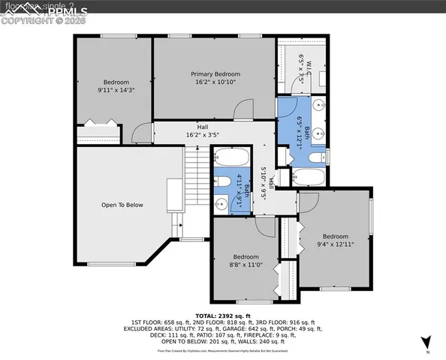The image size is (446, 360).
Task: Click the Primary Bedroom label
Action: pyautogui.click(x=215, y=74)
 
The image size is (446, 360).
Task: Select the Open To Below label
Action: pyautogui.click(x=122, y=205)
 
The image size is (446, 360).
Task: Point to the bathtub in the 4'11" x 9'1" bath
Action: pyautogui.click(x=231, y=159)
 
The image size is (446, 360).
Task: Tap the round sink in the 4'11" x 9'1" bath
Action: pyautogui.click(x=222, y=203)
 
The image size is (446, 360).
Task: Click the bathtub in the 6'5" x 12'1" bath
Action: pyautogui.click(x=308, y=178)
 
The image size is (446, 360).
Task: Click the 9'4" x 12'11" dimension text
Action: pyautogui.click(x=336, y=244)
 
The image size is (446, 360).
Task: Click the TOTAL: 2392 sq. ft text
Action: pyautogui.click(x=222, y=316)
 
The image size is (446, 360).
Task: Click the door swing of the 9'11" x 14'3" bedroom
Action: pyautogui.click(x=140, y=133)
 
